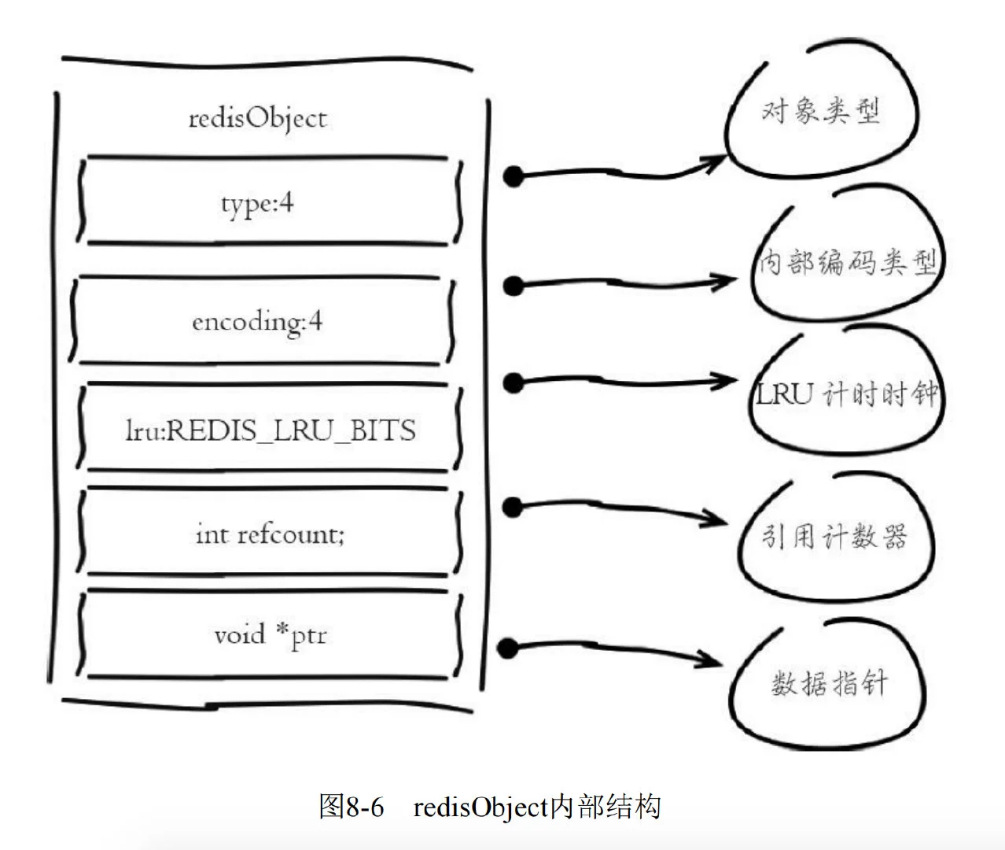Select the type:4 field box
[267, 202]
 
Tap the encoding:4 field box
[260, 320]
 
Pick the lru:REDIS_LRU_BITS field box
[270, 429]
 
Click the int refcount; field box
[270, 534]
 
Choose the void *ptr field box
[270, 634]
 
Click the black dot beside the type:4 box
[513, 176]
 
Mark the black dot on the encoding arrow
[513, 285]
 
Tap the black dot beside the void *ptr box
[508, 649]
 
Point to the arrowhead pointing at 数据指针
[712, 658]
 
